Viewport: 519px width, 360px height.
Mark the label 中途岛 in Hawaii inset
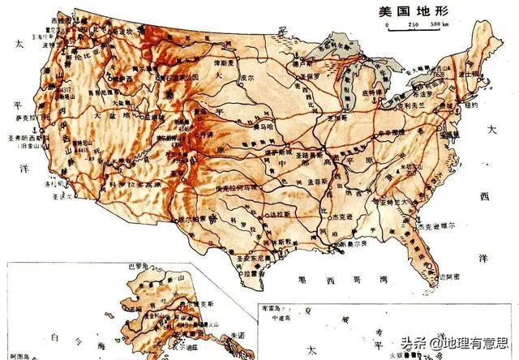[x=281, y=317]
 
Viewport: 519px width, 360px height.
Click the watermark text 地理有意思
[x=481, y=345]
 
